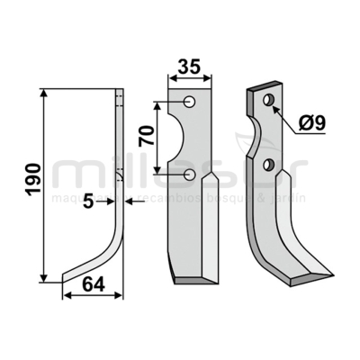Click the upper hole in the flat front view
(191, 101)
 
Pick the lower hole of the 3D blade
(268, 164)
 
